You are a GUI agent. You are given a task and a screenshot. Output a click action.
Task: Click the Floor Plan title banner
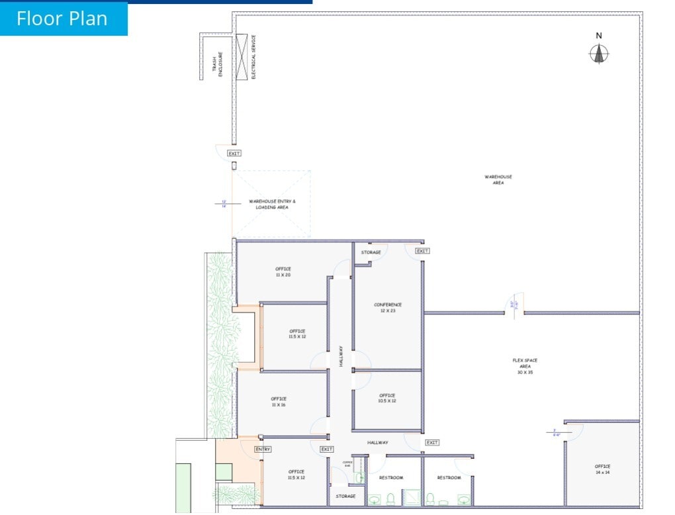63,19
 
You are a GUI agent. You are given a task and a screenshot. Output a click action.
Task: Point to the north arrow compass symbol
599,53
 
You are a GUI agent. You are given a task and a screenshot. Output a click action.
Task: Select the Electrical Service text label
253,57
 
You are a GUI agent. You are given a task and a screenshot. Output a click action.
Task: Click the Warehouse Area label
498,179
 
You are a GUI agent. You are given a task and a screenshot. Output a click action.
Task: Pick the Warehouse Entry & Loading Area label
272,204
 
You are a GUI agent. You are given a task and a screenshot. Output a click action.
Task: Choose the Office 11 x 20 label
283,271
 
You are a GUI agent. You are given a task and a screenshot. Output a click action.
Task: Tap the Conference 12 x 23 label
388,307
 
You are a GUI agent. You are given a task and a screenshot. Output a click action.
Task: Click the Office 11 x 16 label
278,401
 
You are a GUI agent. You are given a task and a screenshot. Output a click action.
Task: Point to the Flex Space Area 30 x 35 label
525,366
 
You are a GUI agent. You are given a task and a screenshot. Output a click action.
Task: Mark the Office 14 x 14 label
602,469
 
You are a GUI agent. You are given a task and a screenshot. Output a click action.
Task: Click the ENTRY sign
263,449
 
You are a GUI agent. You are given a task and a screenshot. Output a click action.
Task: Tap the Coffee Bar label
347,464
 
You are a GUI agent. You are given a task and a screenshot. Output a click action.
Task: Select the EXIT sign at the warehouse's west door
234,154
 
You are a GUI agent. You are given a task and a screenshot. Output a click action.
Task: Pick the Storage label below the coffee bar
345,496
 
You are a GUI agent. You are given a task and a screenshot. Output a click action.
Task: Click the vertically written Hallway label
341,356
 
